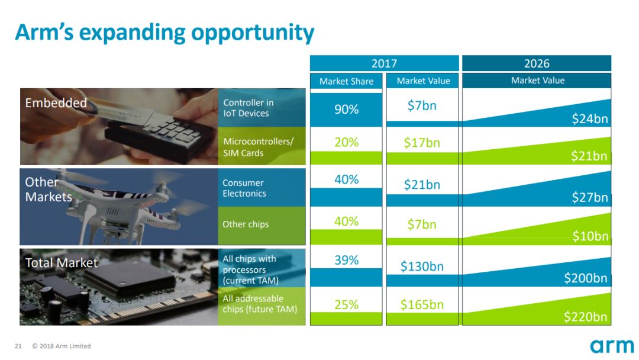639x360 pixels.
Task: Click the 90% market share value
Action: [x=346, y=110]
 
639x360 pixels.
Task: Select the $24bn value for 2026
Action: [x=590, y=118]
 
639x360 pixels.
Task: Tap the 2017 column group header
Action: [x=384, y=63]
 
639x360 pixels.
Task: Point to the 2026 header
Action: [x=537, y=63]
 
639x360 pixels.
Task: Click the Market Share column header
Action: [x=346, y=81]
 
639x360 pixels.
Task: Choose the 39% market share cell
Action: [x=346, y=260]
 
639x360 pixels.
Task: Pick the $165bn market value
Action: [x=422, y=304]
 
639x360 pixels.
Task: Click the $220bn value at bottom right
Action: [x=586, y=317]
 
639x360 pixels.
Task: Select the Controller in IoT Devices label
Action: [x=248, y=108]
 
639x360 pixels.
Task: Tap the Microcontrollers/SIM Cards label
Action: [x=259, y=147]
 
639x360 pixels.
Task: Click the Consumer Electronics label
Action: [x=244, y=188]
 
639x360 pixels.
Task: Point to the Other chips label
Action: [x=246, y=224]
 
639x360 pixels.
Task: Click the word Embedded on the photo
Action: [x=56, y=103]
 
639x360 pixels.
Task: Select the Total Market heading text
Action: [x=62, y=262]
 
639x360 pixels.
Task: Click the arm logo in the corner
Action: [x=612, y=346]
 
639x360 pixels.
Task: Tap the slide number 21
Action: [x=18, y=346]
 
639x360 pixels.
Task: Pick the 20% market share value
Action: [x=346, y=142]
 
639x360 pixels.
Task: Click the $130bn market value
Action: [x=422, y=266]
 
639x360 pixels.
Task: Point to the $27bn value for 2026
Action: [x=590, y=197]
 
